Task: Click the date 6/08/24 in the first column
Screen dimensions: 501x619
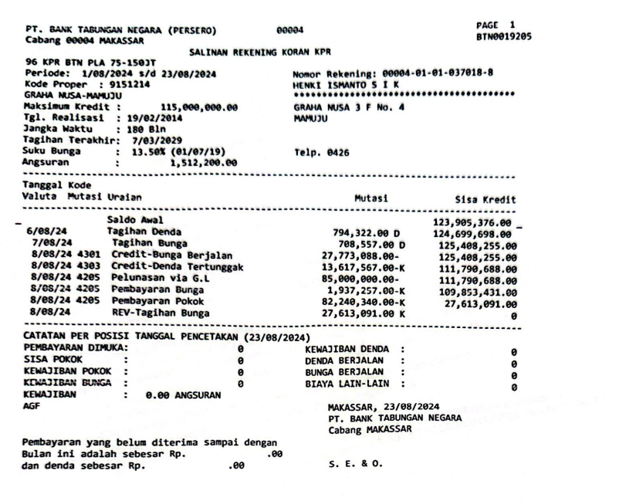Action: click(x=46, y=232)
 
